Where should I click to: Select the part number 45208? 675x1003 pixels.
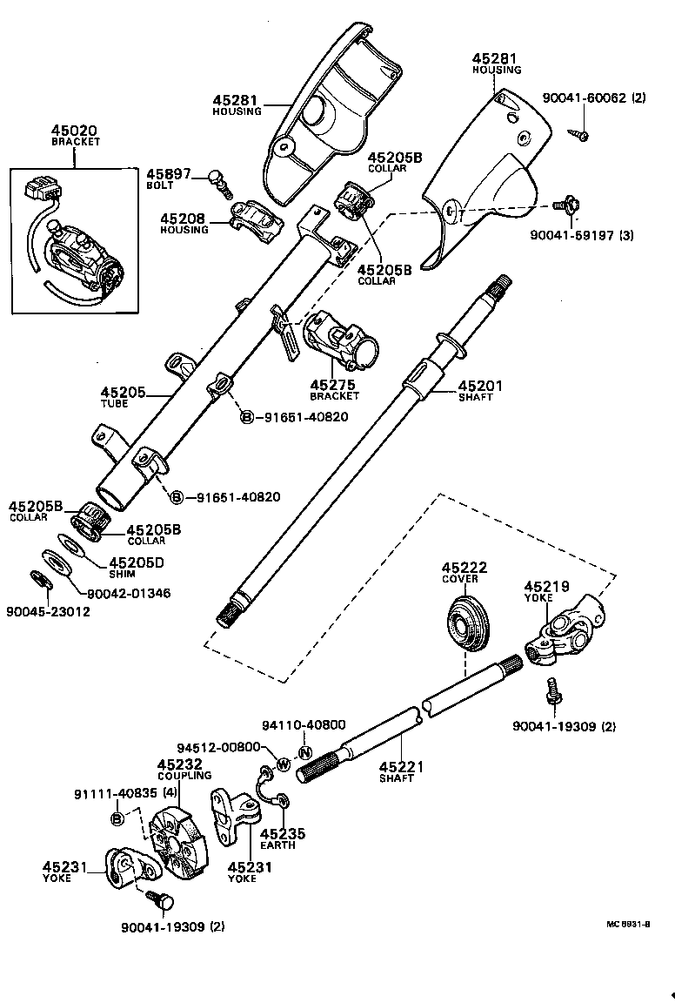pos(184,218)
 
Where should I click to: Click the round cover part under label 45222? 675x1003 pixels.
pos(470,623)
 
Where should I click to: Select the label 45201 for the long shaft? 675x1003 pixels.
pos(480,386)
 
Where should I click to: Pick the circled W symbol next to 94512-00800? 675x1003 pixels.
pos(283,764)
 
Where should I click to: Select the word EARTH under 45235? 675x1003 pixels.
pos(278,845)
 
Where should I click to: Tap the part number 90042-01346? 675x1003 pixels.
pos(129,593)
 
